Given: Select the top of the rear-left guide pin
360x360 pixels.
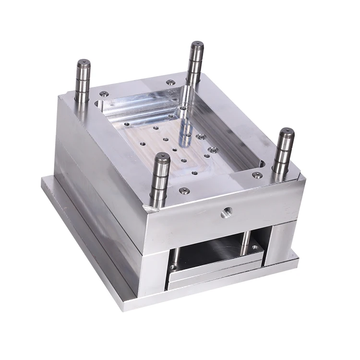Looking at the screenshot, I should click(83, 63).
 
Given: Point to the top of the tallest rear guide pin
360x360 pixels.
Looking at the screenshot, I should click(197, 45).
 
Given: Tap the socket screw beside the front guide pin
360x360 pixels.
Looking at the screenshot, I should click(182, 191).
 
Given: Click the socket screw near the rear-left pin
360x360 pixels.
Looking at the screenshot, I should click(104, 94).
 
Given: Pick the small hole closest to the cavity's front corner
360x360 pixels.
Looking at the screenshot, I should click(194, 173).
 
